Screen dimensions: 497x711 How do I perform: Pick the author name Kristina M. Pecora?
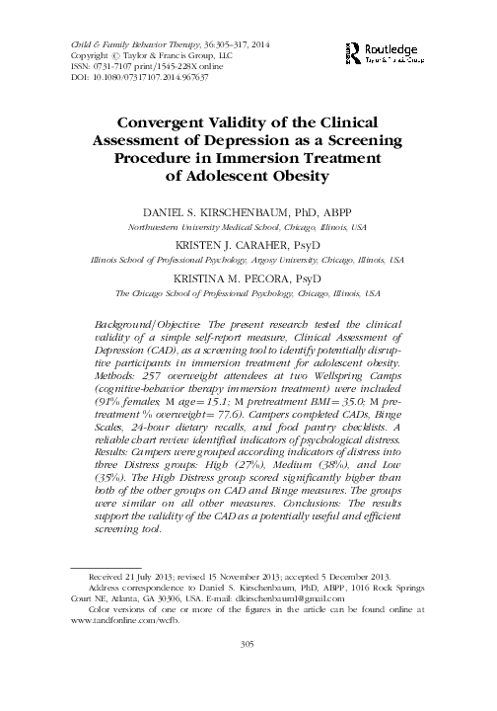248,279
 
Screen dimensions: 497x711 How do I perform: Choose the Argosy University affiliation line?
248,260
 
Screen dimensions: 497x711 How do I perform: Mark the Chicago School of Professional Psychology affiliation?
248,293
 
